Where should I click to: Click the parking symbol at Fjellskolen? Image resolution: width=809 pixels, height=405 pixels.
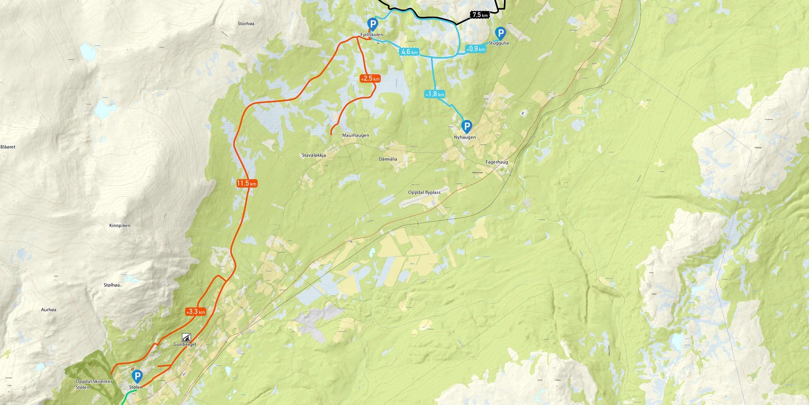pyautogui.click(x=372, y=24)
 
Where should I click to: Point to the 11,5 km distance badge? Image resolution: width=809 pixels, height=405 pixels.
pyautogui.click(x=247, y=183)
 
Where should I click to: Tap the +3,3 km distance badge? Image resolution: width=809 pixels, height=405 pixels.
pyautogui.click(x=196, y=312)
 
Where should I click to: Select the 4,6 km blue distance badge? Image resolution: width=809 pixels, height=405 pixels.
pyautogui.click(x=409, y=52)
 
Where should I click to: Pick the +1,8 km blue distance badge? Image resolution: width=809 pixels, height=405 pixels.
pyautogui.click(x=434, y=94)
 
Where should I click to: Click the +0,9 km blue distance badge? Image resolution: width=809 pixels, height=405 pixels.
pyautogui.click(x=475, y=49)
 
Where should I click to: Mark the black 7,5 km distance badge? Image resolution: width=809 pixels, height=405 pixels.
pyautogui.click(x=480, y=15)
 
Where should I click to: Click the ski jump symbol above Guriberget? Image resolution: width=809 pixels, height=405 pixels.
pyautogui.click(x=186, y=337)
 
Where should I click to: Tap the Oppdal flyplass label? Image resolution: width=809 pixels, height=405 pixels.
pyautogui.click(x=424, y=192)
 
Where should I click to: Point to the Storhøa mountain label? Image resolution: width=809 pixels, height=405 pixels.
pyautogui.click(x=246, y=23)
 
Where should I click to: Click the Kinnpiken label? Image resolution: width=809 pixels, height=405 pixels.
pyautogui.click(x=120, y=225)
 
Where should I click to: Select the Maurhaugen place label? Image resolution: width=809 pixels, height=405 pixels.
pyautogui.click(x=356, y=135)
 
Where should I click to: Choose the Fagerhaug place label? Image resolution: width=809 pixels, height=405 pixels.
pyautogui.click(x=497, y=162)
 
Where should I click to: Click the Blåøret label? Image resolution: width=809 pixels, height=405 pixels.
pyautogui.click(x=8, y=147)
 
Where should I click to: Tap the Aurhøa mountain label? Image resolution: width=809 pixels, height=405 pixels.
pyautogui.click(x=49, y=309)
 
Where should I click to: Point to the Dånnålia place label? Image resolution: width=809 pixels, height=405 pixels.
pyautogui.click(x=388, y=159)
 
